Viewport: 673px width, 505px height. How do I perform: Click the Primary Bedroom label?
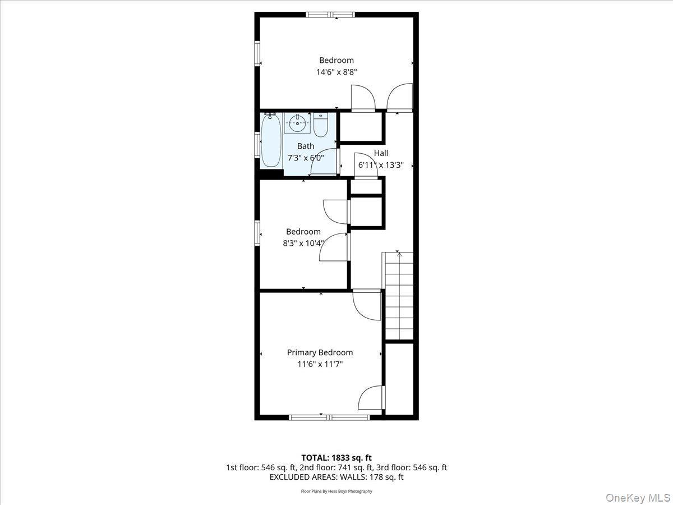[320, 352]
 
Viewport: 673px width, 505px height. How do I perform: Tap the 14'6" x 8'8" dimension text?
[336, 72]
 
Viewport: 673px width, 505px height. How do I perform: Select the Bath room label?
[306, 146]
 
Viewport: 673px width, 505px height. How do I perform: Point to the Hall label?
[381, 153]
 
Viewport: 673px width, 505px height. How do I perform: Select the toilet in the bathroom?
[321, 126]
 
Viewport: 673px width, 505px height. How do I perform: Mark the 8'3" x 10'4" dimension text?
[303, 243]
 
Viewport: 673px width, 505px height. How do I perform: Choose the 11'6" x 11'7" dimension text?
[320, 364]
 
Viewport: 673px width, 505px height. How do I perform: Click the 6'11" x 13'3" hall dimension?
[381, 165]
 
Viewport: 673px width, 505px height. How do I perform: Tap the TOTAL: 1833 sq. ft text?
[336, 458]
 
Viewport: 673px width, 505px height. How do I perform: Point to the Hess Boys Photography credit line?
[336, 491]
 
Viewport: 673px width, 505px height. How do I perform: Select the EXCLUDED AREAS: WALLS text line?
[336, 477]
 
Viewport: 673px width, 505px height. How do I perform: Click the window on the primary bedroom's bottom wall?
[329, 417]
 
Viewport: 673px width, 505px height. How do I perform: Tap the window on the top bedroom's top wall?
[330, 15]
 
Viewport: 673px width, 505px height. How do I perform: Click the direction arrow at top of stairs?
[399, 255]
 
